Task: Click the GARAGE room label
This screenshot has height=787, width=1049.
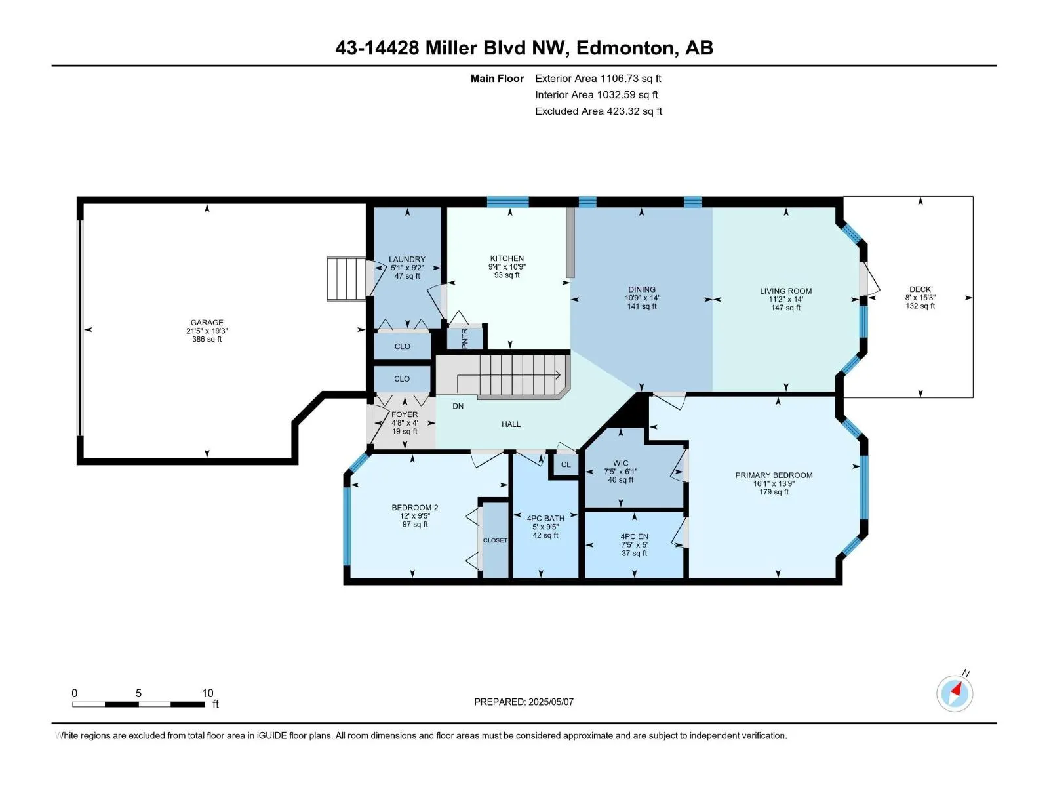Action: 207,323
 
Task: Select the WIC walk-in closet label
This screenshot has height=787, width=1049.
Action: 621,463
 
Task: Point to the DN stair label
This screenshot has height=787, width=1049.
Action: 458,406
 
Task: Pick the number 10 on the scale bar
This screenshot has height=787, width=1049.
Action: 207,693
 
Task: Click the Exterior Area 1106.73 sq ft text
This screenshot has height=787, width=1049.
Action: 598,78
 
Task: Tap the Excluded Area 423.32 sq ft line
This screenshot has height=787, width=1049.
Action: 599,111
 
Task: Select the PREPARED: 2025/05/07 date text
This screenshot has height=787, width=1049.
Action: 524,702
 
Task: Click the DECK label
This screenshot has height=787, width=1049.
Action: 920,289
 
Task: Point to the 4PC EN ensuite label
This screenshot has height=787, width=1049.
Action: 634,536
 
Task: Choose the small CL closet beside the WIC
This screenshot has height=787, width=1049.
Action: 566,464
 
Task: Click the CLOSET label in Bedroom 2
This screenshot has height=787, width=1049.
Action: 495,540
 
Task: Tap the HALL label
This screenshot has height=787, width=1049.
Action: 511,424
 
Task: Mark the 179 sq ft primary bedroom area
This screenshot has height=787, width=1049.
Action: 774,492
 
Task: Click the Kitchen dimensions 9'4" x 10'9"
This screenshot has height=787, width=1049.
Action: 507,267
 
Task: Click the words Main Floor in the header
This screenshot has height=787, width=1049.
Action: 497,78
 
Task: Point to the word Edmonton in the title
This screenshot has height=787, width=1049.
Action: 625,48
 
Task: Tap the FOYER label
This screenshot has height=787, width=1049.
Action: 405,414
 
